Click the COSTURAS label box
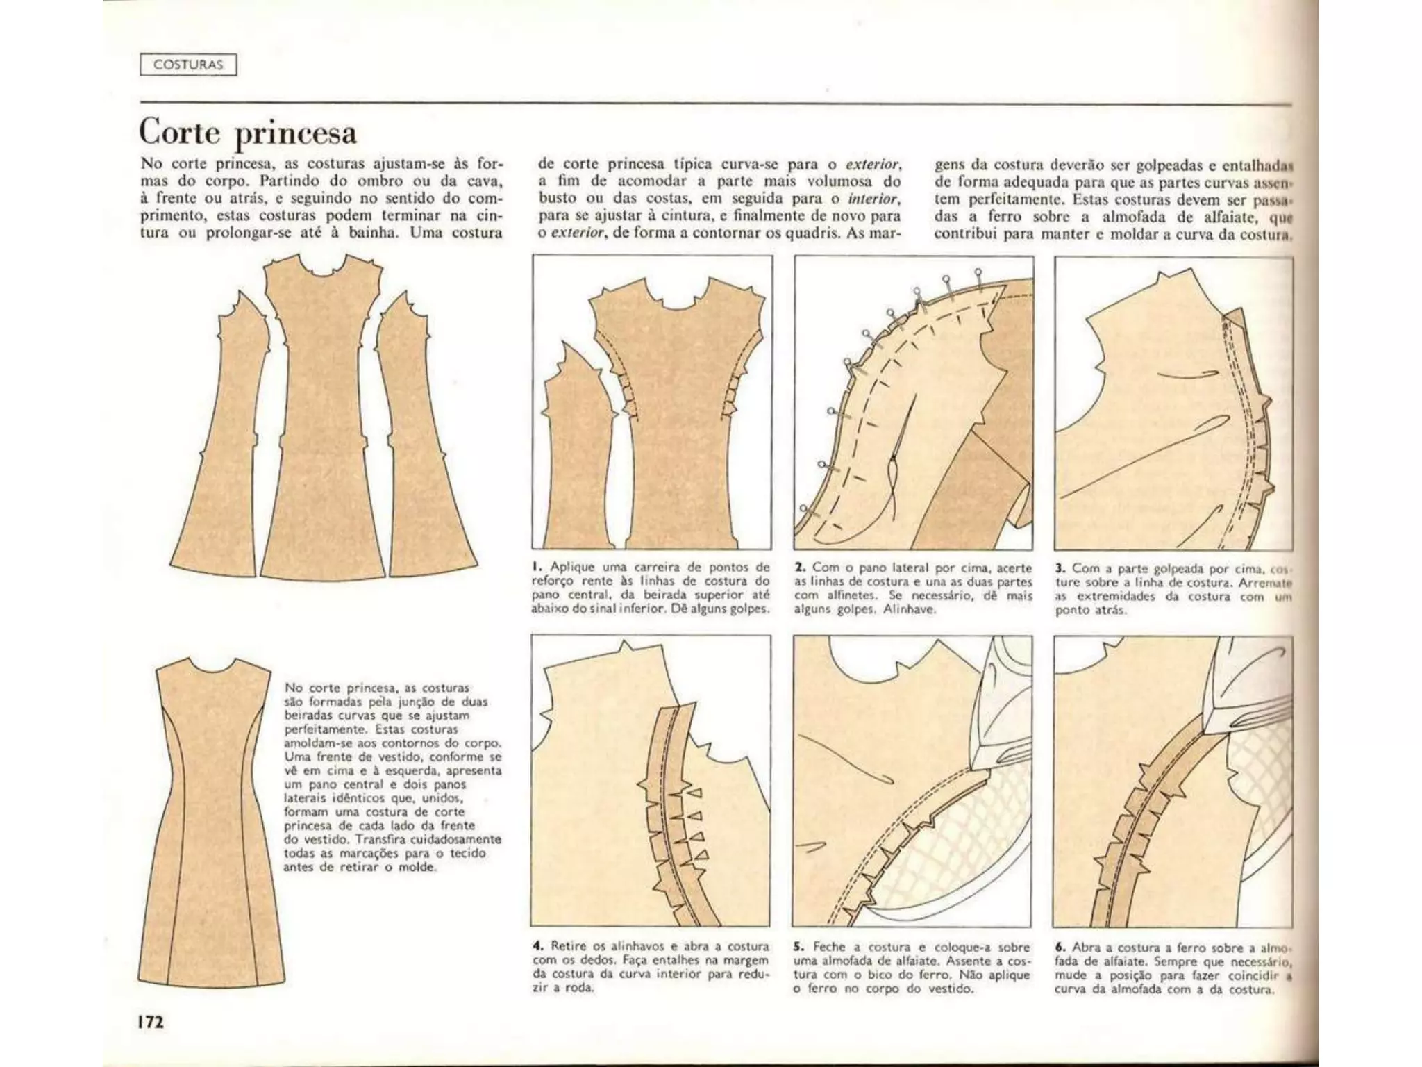tap(188, 65)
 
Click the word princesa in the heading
tap(296, 133)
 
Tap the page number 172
tap(151, 1022)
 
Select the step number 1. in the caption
tap(537, 568)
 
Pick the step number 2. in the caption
tap(800, 568)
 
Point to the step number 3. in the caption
tap(1060, 568)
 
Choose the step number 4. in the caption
tap(538, 946)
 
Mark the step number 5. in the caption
tap(799, 947)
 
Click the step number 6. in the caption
tap(1060, 947)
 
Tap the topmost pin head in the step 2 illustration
tap(978, 272)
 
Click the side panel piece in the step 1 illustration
tap(576, 458)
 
